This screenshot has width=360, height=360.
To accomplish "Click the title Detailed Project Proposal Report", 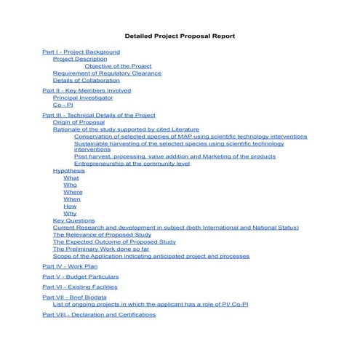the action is (x=180, y=35).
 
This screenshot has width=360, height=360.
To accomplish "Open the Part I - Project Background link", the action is (x=81, y=52).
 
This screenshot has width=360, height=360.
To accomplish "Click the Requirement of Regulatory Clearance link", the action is (x=107, y=73).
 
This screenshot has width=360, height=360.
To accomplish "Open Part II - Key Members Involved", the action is (x=87, y=91).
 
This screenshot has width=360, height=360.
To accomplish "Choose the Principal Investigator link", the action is (x=83, y=97).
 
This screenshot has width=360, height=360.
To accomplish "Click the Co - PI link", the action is (x=63, y=105).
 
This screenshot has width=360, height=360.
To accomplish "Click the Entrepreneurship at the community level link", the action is (x=132, y=164).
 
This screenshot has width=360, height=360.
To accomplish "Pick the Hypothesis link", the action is (x=68, y=171).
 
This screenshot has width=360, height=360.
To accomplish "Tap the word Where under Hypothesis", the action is (x=73, y=192).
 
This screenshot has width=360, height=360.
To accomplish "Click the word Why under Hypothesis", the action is (x=70, y=214).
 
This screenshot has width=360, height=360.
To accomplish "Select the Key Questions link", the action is (x=73, y=220).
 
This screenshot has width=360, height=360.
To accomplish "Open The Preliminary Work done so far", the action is (x=101, y=249).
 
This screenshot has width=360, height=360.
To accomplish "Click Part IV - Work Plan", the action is (x=70, y=267).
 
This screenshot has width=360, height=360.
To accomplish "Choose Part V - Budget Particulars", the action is (x=80, y=277).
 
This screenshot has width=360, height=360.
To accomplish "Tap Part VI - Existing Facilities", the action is (x=80, y=287).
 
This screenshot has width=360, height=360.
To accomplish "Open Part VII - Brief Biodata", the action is (x=75, y=297).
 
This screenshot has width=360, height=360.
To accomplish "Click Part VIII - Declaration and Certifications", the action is (x=99, y=315).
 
